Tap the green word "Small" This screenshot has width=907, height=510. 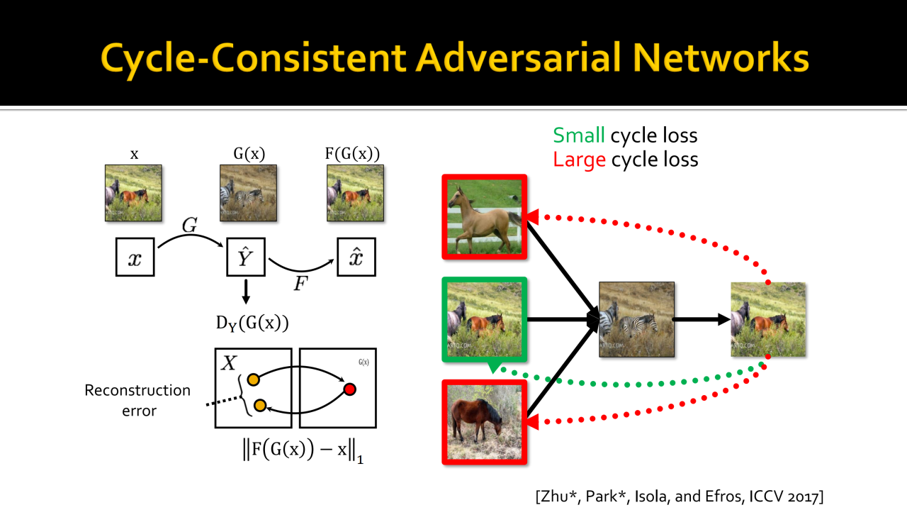tap(579, 135)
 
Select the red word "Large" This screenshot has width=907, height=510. tap(579, 160)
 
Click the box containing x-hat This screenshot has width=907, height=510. tap(356, 257)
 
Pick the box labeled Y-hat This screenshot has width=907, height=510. tap(245, 257)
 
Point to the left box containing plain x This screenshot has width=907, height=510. tap(135, 257)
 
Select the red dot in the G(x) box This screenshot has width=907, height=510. tap(349, 389)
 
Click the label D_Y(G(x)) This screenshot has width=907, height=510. tap(252, 323)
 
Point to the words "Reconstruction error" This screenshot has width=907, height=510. tap(137, 400)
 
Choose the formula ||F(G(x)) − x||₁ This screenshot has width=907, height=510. tap(303, 451)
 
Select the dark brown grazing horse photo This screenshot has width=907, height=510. tap(485, 422)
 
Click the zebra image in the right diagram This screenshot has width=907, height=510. tap(636, 318)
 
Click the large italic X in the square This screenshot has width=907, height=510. tap(229, 364)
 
